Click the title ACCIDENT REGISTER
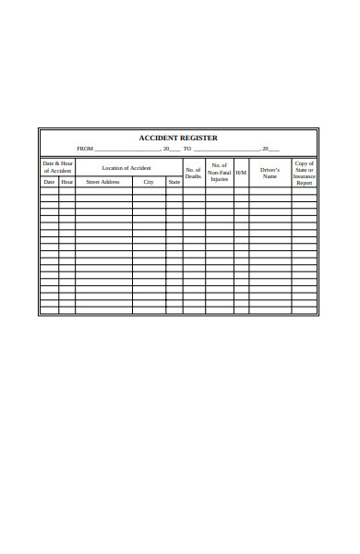(x=178, y=138)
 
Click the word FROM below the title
(x=85, y=149)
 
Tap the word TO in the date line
(x=187, y=149)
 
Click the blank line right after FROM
(x=127, y=150)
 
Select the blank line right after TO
(x=226, y=150)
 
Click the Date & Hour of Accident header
(x=57, y=167)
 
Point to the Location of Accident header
(x=127, y=167)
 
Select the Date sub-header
(x=49, y=182)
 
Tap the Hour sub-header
(x=67, y=182)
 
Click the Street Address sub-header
(x=102, y=182)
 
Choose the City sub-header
(x=148, y=182)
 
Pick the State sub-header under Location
(x=174, y=182)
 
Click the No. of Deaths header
(x=193, y=173)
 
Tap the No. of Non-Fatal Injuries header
(x=219, y=172)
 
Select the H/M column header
(x=241, y=173)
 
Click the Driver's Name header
(x=270, y=173)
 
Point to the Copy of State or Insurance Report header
(x=305, y=173)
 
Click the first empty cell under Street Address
(x=102, y=191)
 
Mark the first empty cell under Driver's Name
(x=270, y=191)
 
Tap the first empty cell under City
(x=148, y=191)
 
